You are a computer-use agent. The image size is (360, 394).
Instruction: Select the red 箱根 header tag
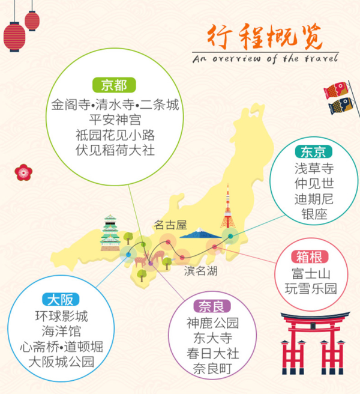tap(310, 257)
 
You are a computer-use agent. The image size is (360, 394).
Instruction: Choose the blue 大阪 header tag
tap(61, 299)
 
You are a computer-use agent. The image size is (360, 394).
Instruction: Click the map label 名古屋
tap(170, 225)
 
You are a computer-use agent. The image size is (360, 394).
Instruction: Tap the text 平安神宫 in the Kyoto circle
tap(115, 119)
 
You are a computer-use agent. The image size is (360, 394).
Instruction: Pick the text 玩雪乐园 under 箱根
tap(310, 289)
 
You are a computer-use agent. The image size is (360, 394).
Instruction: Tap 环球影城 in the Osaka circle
tap(61, 315)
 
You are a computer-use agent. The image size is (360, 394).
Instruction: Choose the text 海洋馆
tap(61, 331)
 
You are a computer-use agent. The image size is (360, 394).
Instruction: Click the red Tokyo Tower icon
tap(228, 210)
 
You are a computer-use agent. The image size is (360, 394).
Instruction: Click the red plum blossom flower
tap(23, 172)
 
